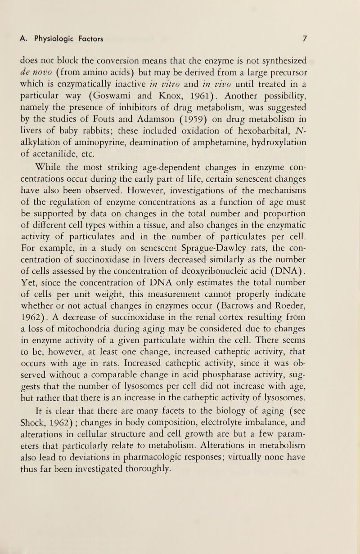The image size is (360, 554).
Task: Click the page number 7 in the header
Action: point(304,39)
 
